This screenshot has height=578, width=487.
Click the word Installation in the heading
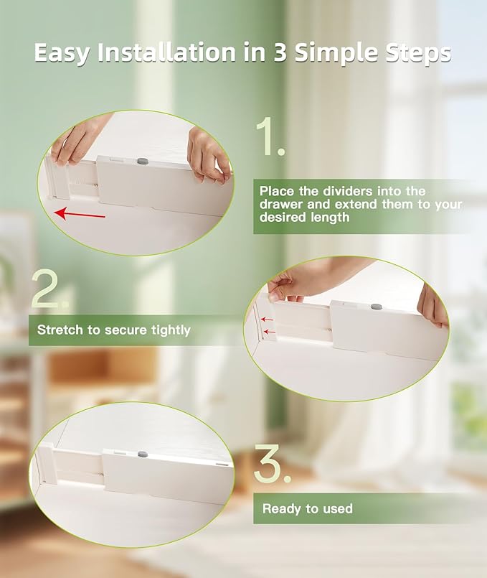tap(166, 52)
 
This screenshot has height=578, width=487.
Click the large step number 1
tap(270, 136)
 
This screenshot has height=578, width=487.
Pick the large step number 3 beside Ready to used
tap(272, 463)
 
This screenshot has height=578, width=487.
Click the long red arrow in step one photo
tap(80, 214)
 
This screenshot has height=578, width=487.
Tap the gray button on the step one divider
tap(143, 161)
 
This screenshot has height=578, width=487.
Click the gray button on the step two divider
tap(377, 307)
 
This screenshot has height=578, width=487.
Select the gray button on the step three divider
tap(143, 454)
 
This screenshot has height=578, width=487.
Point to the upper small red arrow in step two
tap(267, 319)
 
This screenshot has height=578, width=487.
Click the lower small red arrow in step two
tap(270, 332)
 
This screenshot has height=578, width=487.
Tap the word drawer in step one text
tap(280, 204)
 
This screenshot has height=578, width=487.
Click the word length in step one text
tap(330, 218)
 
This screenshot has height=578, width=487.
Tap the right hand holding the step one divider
tap(208, 155)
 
